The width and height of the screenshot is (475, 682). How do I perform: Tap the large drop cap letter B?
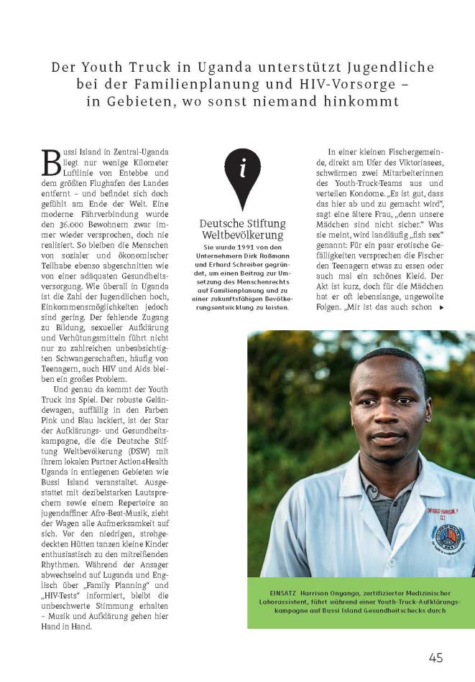[53, 163]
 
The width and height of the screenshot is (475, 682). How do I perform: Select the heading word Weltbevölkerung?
[243, 236]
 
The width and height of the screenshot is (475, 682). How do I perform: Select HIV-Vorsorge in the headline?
[363, 85]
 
